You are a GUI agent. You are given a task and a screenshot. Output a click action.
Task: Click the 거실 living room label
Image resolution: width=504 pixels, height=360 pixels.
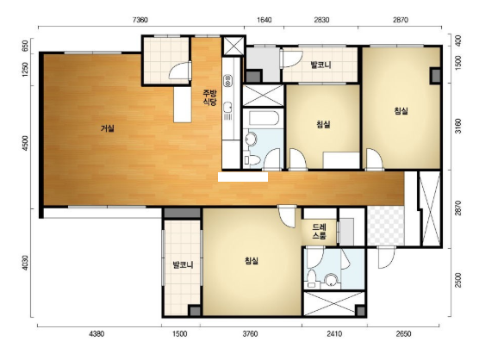108,128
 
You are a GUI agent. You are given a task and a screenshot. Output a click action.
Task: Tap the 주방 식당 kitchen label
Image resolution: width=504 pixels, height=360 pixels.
209,97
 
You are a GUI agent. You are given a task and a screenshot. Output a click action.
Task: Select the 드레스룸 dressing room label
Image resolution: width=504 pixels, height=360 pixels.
320,232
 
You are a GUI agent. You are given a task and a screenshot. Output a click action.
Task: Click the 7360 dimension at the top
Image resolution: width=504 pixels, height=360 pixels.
140,20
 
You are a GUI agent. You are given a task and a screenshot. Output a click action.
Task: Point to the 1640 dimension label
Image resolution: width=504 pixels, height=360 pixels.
264,20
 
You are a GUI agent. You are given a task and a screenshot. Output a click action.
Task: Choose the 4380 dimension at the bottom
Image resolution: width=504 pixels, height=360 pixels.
96,334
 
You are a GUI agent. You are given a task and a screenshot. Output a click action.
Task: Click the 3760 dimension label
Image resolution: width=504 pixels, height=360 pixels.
250,334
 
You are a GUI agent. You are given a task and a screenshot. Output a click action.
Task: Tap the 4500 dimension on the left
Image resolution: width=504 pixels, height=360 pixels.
25,143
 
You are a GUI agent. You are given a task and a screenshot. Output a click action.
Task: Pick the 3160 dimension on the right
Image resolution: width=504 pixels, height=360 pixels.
458,126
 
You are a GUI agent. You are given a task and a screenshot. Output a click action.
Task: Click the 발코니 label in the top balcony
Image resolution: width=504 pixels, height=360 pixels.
320,65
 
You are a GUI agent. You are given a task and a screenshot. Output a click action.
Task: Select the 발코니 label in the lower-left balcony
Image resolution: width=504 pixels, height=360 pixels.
183,265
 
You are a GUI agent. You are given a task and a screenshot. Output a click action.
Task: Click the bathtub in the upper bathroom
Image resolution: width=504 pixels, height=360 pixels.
264,119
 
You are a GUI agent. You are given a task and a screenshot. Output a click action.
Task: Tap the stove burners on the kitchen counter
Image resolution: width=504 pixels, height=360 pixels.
228,80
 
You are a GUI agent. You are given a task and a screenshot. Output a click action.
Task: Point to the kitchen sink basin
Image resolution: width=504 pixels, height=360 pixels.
228,107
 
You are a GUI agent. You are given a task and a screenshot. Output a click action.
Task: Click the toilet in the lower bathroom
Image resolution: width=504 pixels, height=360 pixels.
312,278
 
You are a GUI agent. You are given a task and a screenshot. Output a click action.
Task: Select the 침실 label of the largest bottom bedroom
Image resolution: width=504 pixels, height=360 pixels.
252,261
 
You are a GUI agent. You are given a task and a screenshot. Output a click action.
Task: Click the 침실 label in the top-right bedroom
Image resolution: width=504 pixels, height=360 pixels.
401,111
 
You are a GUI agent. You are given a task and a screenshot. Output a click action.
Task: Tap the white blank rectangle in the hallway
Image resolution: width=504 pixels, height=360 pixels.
243,177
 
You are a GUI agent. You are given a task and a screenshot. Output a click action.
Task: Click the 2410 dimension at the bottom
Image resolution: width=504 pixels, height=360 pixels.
334,334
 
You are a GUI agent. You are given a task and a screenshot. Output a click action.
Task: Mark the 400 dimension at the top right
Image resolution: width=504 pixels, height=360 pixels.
458,40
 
